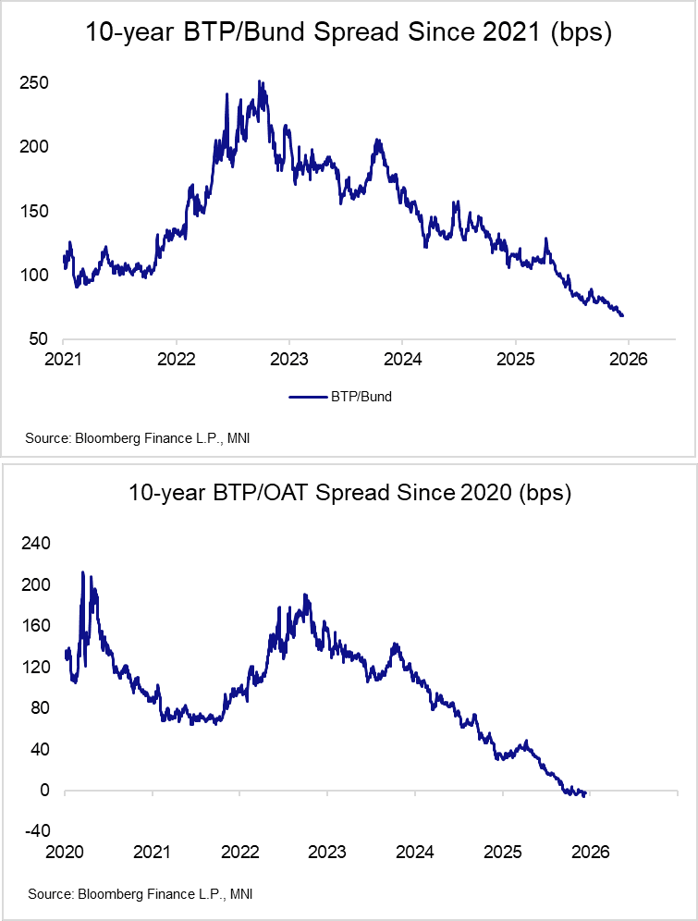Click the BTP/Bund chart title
pyautogui.click(x=349, y=34)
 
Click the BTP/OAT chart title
pyautogui.click(x=349, y=492)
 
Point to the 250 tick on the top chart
pyautogui.click(x=35, y=83)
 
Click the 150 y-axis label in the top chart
pyautogui.click(x=35, y=212)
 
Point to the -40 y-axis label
pyautogui.click(x=35, y=831)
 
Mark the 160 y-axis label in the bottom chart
pyautogui.click(x=35, y=626)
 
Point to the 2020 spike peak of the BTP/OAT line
pyautogui.click(x=82, y=572)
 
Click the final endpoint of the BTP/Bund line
pyautogui.click(x=622, y=315)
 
